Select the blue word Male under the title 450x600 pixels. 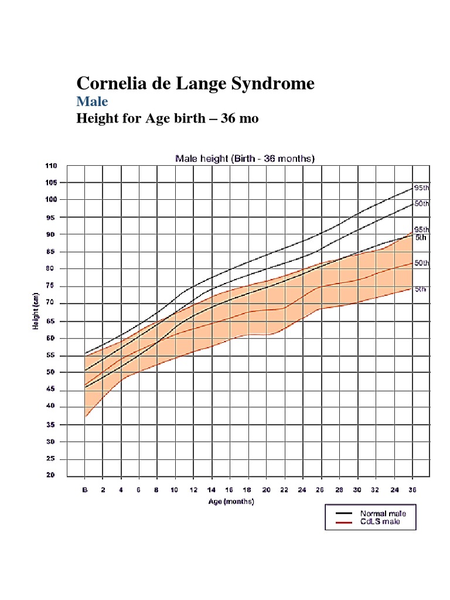tap(93, 101)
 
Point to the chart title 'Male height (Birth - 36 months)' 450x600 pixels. tap(246, 158)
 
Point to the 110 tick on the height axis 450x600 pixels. tap(51, 166)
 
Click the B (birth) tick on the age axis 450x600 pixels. tap(85, 489)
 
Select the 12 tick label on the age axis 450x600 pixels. tap(193, 489)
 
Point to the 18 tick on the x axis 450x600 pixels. tap(248, 489)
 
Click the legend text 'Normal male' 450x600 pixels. tap(383, 513)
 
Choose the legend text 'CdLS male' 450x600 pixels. tap(380, 521)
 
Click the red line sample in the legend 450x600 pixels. tap(344, 521)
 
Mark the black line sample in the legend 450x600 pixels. tap(344, 513)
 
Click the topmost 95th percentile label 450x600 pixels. tap(422, 188)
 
